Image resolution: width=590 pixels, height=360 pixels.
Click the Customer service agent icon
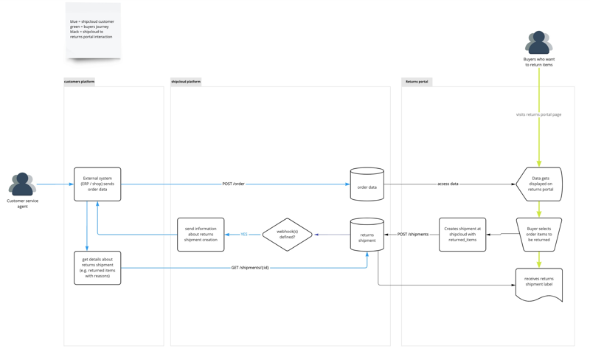[22, 184]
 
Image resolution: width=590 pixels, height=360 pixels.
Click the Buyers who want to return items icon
[538, 43]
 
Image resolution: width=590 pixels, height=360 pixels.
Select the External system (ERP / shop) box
[97, 184]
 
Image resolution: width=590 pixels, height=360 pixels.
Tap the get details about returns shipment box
[97, 268]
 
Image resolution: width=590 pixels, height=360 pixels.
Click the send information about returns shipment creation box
[201, 235]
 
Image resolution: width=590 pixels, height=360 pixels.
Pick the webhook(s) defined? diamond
[287, 235]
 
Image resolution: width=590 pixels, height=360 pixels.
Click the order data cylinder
[367, 184]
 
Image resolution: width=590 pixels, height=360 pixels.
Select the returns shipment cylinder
[367, 235]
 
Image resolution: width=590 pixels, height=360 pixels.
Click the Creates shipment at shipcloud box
[462, 235]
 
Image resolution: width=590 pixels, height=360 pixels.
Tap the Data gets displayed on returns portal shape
[540, 184]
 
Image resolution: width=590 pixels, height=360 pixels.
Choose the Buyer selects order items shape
[539, 235]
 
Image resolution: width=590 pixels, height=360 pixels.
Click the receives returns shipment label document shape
[539, 283]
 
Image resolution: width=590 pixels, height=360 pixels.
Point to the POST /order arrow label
[233, 184]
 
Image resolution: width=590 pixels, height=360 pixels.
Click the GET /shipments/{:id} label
[250, 268]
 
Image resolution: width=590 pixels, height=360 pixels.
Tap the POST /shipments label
[412, 235]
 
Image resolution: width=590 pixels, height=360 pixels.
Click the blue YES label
[244, 235]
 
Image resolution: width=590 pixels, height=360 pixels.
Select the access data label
[448, 184]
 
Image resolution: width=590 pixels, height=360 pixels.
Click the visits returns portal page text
[538, 114]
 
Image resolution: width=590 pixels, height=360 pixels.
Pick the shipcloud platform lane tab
[186, 82]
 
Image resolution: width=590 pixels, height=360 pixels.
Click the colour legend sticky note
[93, 30]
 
